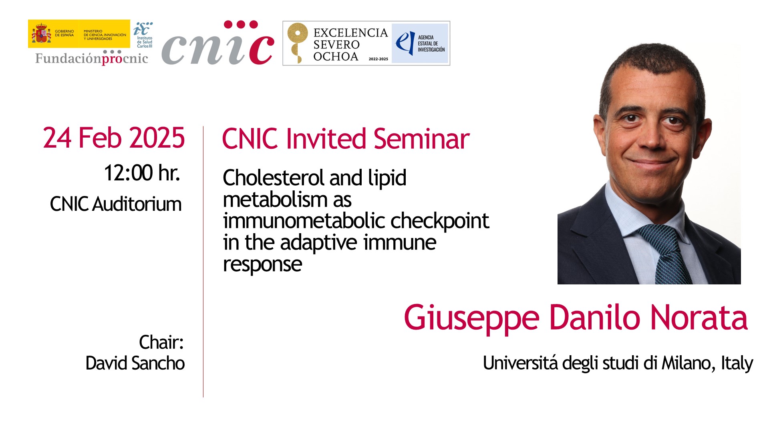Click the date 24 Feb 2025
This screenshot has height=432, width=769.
click(x=114, y=138)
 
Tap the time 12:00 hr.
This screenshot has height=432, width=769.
click(x=142, y=173)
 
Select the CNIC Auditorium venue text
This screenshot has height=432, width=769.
click(x=116, y=204)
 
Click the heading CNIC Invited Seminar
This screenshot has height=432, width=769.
click(x=346, y=139)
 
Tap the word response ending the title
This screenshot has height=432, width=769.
click(x=262, y=265)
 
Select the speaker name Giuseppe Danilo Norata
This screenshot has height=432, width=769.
click(x=576, y=318)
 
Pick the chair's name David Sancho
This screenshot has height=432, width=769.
click(x=135, y=363)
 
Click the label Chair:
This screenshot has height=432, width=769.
click(x=161, y=342)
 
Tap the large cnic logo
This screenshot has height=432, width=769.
click(x=218, y=43)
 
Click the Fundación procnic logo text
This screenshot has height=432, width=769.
click(x=92, y=58)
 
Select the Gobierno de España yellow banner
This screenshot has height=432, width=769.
click(x=79, y=34)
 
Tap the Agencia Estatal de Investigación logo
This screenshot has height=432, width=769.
click(x=420, y=43)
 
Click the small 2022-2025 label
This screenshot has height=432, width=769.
click(x=378, y=59)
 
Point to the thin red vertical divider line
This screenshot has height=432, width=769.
click(x=203, y=262)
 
